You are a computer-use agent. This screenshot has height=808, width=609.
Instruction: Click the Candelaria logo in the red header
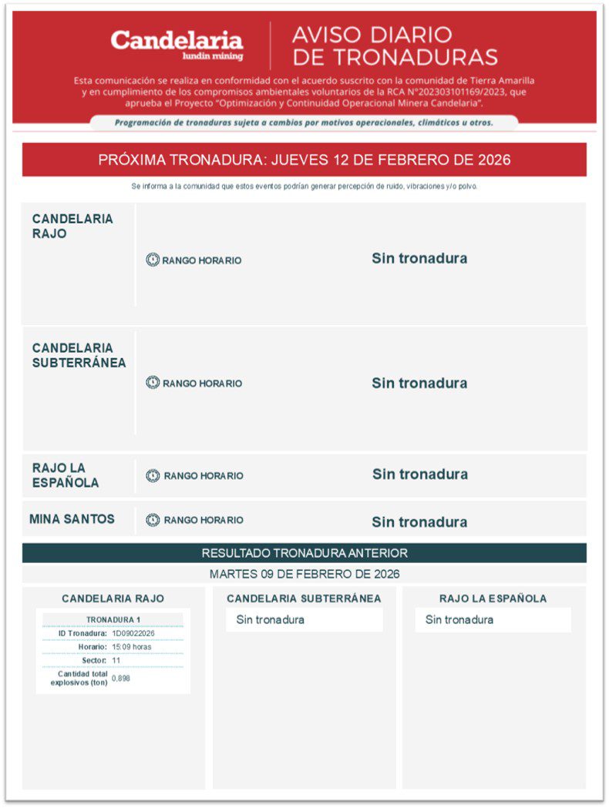177,44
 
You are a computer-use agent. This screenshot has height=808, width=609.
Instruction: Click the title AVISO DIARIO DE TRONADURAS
395,46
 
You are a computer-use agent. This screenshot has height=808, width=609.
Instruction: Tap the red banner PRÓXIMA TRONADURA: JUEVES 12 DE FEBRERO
304,160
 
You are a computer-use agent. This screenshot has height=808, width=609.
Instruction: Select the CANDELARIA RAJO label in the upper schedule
72,226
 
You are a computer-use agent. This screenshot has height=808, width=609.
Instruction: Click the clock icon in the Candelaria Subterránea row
153,383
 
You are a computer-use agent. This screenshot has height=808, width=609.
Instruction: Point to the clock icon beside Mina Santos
153,520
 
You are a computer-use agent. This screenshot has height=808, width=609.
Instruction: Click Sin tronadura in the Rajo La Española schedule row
419,474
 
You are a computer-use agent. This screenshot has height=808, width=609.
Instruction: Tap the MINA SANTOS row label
72,519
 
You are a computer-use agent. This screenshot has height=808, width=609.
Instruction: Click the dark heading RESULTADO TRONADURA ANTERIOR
304,553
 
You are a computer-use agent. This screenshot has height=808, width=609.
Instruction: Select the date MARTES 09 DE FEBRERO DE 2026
304,574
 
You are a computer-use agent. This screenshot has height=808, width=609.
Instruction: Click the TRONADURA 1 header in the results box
113,619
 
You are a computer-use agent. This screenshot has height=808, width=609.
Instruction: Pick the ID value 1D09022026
133,633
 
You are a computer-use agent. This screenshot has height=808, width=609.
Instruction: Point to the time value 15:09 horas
131,647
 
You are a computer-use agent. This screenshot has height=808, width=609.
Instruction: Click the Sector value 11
116,661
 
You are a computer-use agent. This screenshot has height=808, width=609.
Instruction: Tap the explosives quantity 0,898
121,679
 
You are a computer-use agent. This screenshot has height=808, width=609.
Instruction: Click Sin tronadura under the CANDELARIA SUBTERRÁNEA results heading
270,620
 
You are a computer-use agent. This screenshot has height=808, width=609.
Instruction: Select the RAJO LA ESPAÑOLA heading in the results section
493,598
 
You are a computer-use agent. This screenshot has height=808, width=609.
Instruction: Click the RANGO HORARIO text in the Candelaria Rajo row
201,260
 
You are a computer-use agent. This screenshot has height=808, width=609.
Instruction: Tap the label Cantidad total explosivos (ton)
79,679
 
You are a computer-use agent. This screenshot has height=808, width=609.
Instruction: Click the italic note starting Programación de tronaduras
304,122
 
